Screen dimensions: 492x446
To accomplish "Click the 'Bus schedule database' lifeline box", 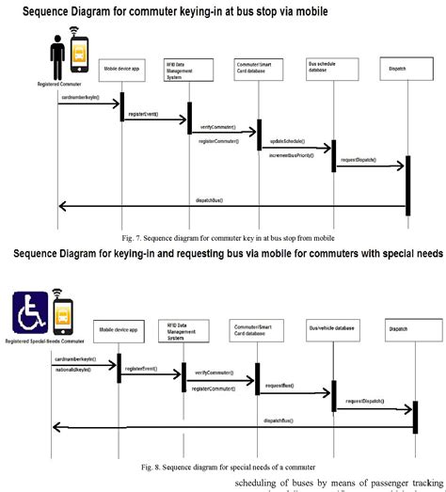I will coord(325,70).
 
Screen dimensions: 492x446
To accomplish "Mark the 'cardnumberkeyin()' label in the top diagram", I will coord(78,97).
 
